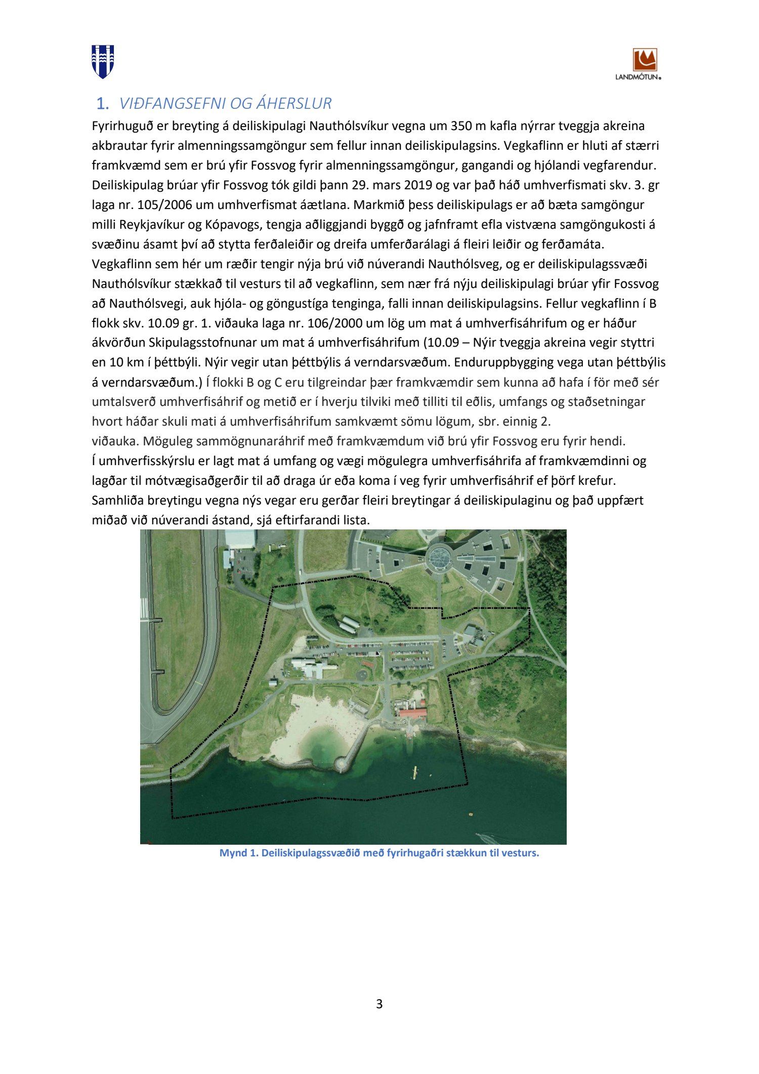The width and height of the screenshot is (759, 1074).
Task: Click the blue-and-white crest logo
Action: click(x=103, y=61)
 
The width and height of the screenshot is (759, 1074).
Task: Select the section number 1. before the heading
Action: click(x=102, y=104)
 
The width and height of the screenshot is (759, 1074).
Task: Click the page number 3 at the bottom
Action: click(x=379, y=1004)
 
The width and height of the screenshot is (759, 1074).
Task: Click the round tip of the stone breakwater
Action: click(x=341, y=763)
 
